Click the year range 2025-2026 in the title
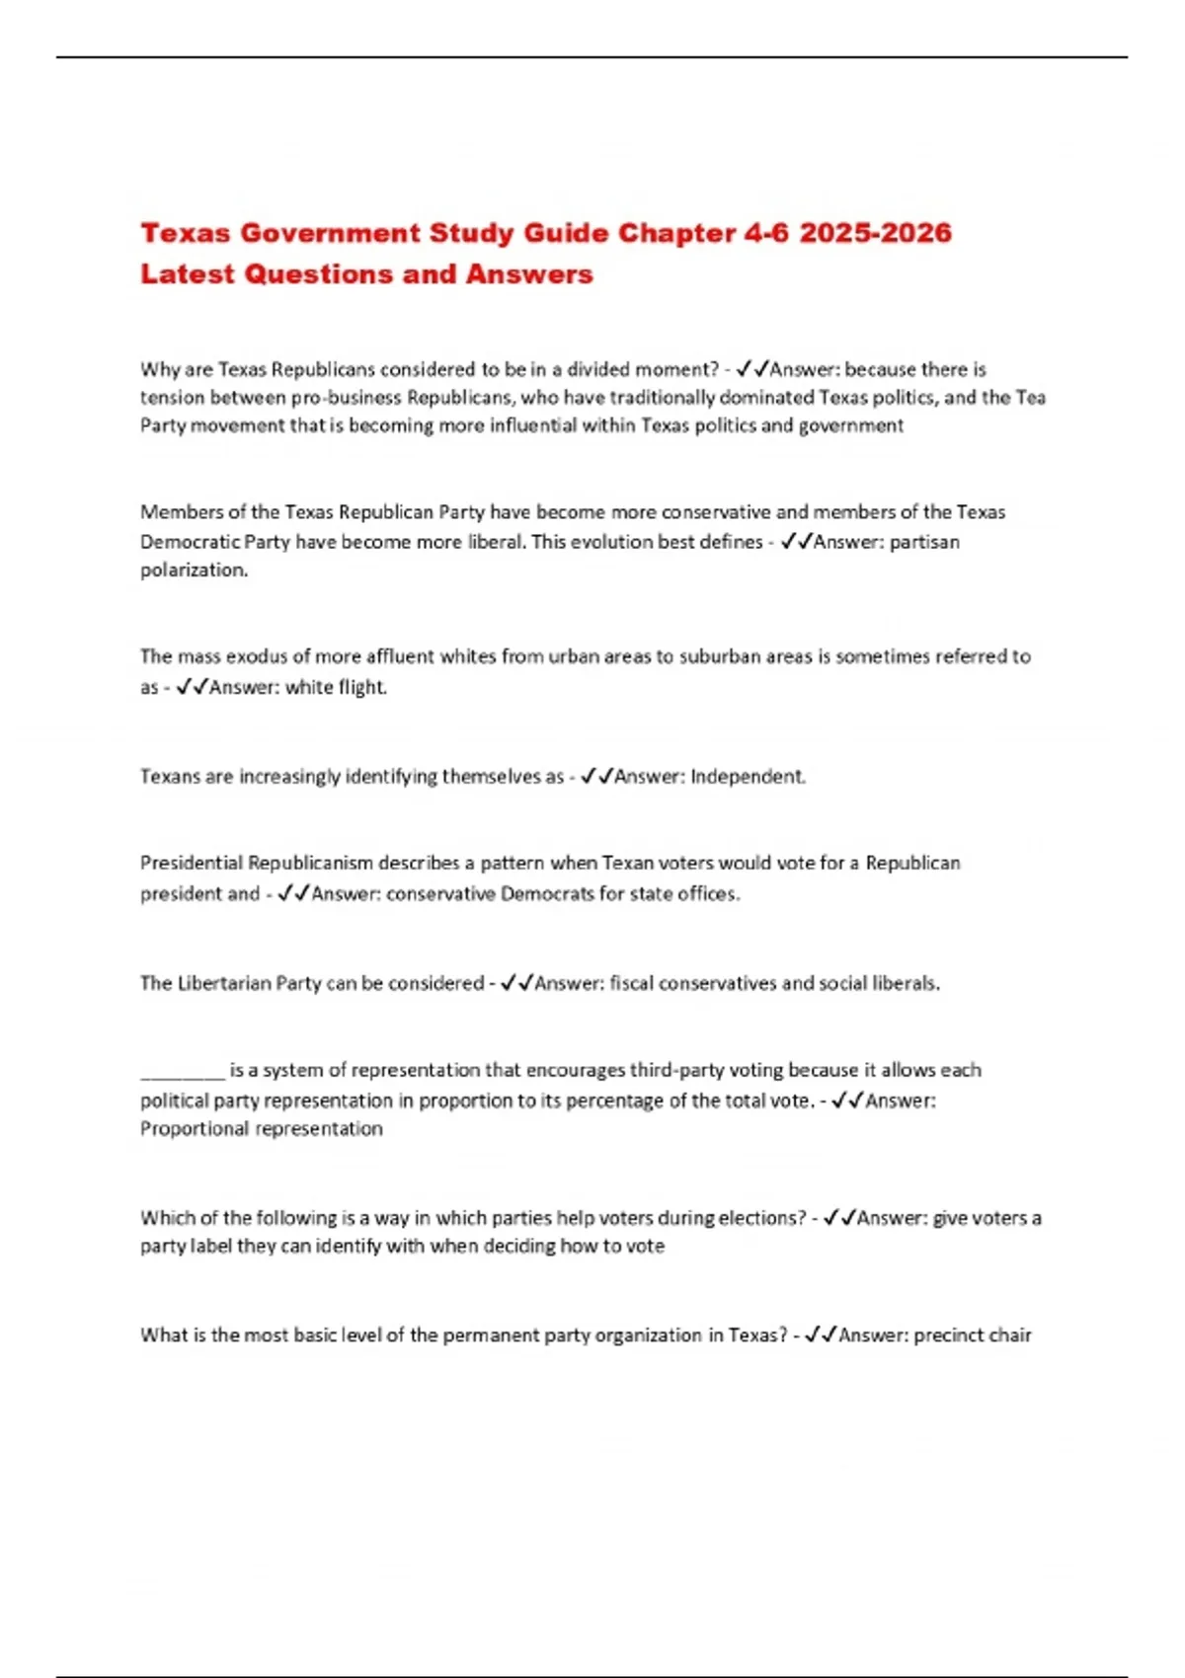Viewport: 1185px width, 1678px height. coord(875,234)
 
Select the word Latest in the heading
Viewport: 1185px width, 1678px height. coord(188,274)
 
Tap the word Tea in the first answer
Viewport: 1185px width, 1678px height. coord(1031,398)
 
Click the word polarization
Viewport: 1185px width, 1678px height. coord(194,571)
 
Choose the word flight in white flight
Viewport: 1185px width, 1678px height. coord(362,687)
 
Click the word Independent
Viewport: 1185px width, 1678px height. coord(748,777)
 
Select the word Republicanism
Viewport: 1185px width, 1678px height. coord(310,864)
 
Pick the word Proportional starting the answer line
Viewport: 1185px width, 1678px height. coord(195,1129)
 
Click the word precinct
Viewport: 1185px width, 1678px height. coord(947,1335)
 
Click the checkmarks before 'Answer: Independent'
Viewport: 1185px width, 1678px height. coord(595,777)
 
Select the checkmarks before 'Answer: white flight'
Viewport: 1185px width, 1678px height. coord(191,687)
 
